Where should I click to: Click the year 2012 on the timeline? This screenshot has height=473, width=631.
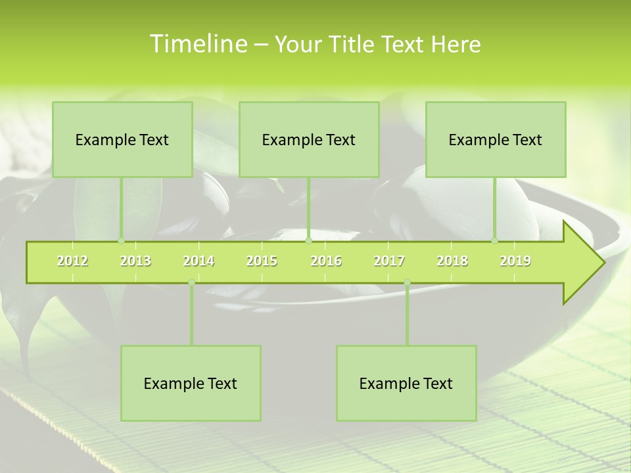[x=72, y=261]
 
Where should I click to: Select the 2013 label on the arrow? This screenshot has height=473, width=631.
[x=135, y=261]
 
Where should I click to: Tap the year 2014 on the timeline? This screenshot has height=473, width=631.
[x=199, y=261]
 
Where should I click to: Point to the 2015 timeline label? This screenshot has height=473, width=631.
[x=262, y=261]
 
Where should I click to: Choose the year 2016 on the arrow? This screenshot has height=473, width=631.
[x=326, y=261]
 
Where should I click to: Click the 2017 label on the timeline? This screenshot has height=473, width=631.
[x=389, y=261]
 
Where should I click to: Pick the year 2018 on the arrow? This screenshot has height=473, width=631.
[x=452, y=261]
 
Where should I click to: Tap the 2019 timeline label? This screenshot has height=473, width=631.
[x=515, y=261]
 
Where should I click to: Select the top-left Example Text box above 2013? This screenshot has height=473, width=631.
[x=122, y=139]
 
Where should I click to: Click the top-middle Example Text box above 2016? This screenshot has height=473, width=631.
[x=309, y=139]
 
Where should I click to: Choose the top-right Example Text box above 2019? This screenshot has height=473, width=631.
[x=496, y=139]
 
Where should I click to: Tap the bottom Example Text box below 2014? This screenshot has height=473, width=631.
[x=191, y=383]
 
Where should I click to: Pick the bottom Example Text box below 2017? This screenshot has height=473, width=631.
[x=406, y=383]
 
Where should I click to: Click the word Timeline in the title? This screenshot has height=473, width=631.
[x=197, y=44]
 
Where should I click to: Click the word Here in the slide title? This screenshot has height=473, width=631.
[x=456, y=44]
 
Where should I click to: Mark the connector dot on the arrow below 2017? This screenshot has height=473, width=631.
[x=407, y=282]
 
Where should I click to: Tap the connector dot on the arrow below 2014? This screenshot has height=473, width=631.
[x=191, y=282]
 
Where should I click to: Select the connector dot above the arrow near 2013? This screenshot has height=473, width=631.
[x=121, y=241]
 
